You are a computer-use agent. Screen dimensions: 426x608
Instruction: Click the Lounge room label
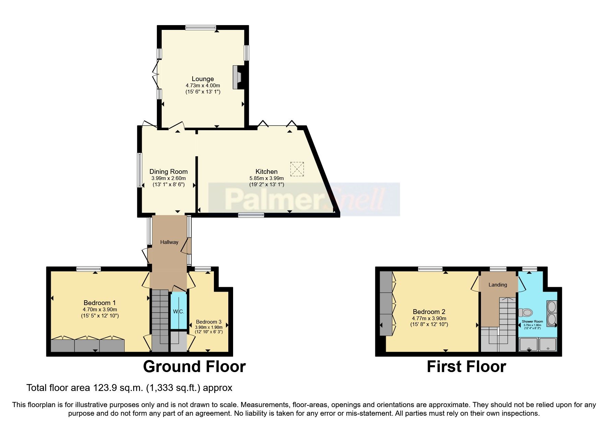coord(203,79)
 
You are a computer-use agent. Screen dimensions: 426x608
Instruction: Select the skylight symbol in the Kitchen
coord(297,169)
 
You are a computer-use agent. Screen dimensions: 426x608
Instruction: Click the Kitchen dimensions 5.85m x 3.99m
coord(266,178)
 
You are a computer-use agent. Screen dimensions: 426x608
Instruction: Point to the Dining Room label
coord(168,171)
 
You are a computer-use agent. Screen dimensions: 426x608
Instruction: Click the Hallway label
coord(169,242)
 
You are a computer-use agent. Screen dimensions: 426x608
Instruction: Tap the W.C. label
coord(179,312)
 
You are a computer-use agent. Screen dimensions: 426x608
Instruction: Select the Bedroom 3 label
coord(209,322)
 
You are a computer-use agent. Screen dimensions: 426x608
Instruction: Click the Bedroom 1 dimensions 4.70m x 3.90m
coord(100,309)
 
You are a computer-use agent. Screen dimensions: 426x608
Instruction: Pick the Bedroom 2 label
coord(429,312)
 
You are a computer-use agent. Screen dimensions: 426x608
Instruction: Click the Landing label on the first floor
coord(497,285)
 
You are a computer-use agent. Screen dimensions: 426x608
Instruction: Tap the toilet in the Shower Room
coord(525,313)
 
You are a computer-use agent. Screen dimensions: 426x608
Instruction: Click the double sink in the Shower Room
coord(552,313)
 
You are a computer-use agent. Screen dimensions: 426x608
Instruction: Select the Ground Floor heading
coord(194,367)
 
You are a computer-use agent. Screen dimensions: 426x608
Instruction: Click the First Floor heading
coord(466,367)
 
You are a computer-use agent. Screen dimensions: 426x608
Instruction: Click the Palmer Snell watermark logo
coord(304,199)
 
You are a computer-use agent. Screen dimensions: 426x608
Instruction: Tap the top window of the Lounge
coord(201,27)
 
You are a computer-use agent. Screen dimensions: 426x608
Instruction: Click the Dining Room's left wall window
coord(140,170)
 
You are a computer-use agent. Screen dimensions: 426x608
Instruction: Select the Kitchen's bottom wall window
coord(251,215)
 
